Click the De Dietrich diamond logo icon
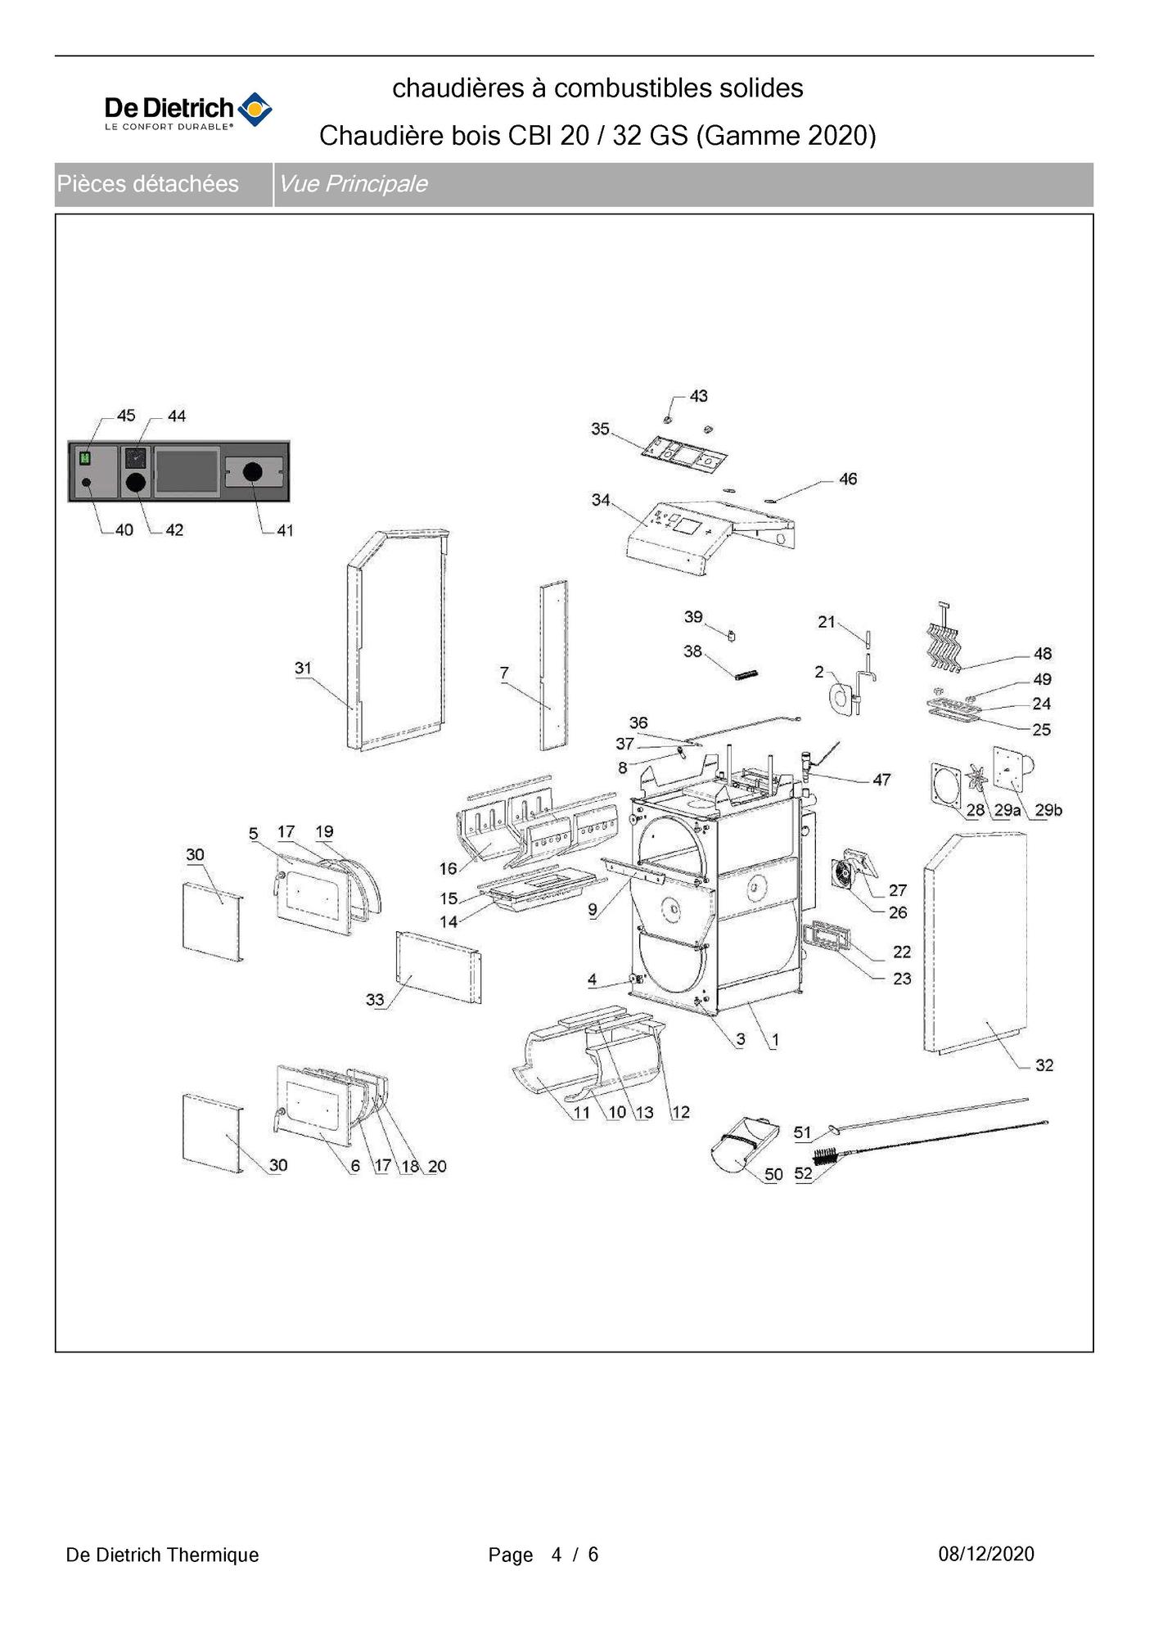click(255, 110)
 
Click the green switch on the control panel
click(84, 459)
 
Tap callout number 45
click(126, 416)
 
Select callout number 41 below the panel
click(285, 530)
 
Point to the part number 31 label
click(303, 668)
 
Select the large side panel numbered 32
click(976, 941)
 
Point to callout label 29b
click(1048, 810)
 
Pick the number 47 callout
click(881, 780)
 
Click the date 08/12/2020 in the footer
click(986, 1554)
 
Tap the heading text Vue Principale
click(353, 184)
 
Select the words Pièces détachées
click(148, 184)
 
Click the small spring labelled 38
click(746, 675)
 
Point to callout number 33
click(375, 1000)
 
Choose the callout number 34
click(601, 499)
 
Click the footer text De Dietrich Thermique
click(162, 1555)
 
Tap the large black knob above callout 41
click(253, 471)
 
